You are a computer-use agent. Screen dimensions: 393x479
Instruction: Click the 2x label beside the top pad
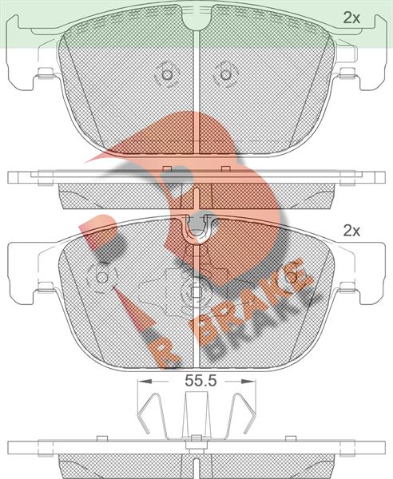(351, 18)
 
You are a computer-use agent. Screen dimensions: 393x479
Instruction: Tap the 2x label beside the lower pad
(351, 232)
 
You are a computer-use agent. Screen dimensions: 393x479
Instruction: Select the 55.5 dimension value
(200, 381)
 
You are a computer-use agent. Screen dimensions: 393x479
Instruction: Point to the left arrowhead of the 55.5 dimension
(145, 382)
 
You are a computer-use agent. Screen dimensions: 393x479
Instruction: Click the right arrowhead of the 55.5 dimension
(248, 382)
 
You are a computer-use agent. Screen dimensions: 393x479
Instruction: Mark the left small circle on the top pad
(167, 74)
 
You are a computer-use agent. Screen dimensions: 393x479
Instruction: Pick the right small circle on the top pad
(225, 74)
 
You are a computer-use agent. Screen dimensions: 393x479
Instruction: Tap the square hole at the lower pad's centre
(196, 292)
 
